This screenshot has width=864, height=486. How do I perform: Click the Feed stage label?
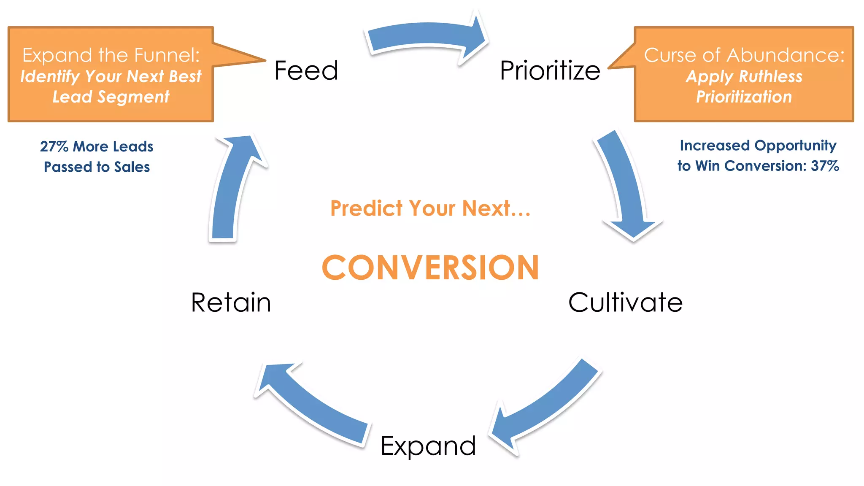pyautogui.click(x=306, y=70)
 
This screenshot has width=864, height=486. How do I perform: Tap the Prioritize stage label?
pyautogui.click(x=550, y=70)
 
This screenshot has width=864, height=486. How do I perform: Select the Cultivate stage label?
pyautogui.click(x=625, y=302)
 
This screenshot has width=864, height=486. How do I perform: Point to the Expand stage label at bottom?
pyautogui.click(x=428, y=446)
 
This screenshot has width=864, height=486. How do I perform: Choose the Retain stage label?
pyautogui.click(x=231, y=302)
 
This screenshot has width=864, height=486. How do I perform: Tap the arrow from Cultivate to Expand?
pyautogui.click(x=548, y=405)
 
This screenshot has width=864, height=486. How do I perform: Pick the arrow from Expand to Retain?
pyautogui.click(x=312, y=405)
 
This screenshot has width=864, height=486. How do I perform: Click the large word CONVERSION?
pyautogui.click(x=430, y=267)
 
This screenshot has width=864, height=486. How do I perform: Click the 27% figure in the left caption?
pyautogui.click(x=54, y=147)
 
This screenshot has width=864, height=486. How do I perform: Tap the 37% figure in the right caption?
pyautogui.click(x=825, y=166)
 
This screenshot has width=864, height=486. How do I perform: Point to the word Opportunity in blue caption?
pyautogui.click(x=795, y=146)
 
